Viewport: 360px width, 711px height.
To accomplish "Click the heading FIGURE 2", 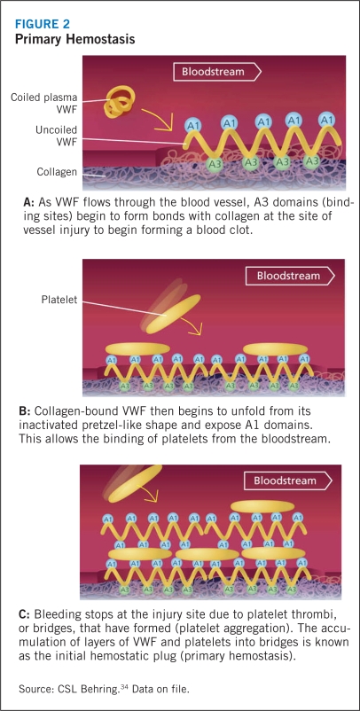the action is pyautogui.click(x=43, y=24).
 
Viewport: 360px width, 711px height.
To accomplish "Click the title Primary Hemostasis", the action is pyautogui.click(x=74, y=39).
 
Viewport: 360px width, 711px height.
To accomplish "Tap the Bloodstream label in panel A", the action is pyautogui.click(x=213, y=72).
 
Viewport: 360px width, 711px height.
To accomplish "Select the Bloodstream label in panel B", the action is pyautogui.click(x=289, y=276).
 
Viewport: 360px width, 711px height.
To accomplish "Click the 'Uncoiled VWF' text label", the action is pyautogui.click(x=57, y=136).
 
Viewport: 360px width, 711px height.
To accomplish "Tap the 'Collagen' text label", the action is pyautogui.click(x=57, y=172).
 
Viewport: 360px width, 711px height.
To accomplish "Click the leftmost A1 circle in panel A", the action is pyautogui.click(x=193, y=124).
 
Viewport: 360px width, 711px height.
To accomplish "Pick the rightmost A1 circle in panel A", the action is pyautogui.click(x=326, y=120).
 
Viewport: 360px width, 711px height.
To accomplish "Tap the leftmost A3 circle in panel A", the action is pyautogui.click(x=215, y=163).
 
